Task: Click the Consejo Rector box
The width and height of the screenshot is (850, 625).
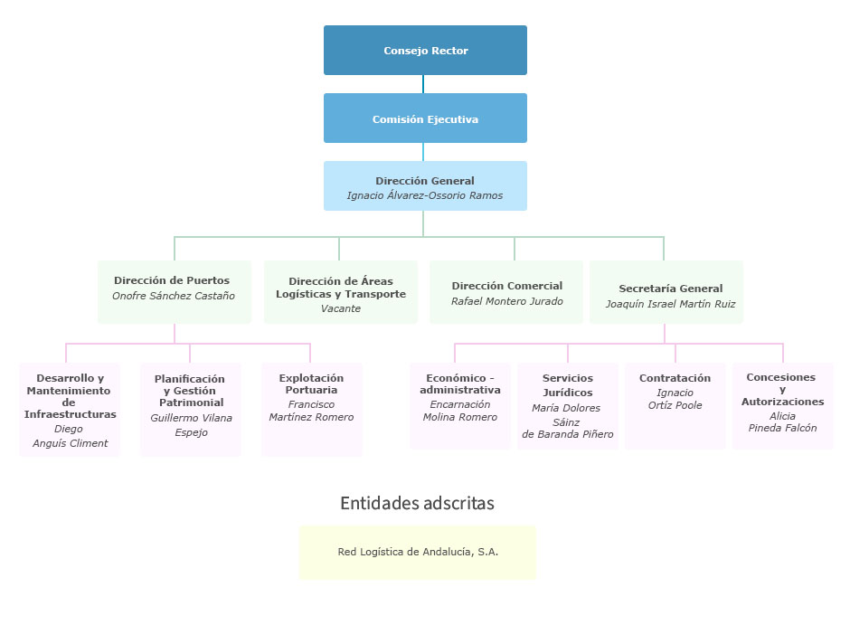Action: coord(425,51)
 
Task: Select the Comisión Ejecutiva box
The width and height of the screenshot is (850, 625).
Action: coord(425,118)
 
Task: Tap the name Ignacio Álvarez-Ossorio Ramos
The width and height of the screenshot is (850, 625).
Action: coord(425,195)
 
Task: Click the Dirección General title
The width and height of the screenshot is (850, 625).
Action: coord(425,181)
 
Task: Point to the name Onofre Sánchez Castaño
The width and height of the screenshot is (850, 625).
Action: coord(174,296)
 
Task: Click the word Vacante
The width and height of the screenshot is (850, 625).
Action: coord(340,308)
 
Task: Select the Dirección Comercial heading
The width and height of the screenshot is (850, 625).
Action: coord(506,286)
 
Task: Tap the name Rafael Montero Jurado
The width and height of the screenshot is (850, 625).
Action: coord(506,301)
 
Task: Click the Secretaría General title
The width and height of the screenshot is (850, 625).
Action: coord(670,289)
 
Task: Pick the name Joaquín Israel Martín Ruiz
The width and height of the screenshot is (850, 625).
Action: coord(670,304)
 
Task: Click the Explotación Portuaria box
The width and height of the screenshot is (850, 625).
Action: coord(312,409)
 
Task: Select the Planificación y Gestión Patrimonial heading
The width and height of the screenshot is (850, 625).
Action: coord(191,391)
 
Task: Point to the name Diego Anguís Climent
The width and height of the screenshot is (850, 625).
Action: coord(70,436)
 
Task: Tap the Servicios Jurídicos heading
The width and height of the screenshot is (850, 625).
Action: coord(568,385)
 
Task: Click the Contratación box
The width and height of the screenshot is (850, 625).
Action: coord(675,404)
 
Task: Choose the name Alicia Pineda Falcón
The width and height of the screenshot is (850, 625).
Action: coord(782,422)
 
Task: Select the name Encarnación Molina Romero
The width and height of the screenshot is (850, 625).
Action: coord(460,411)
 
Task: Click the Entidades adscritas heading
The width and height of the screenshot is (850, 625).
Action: coord(417,503)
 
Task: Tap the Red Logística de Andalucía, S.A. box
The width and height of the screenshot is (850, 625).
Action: coord(417,552)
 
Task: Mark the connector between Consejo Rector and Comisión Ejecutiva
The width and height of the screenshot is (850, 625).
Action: coord(423,84)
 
